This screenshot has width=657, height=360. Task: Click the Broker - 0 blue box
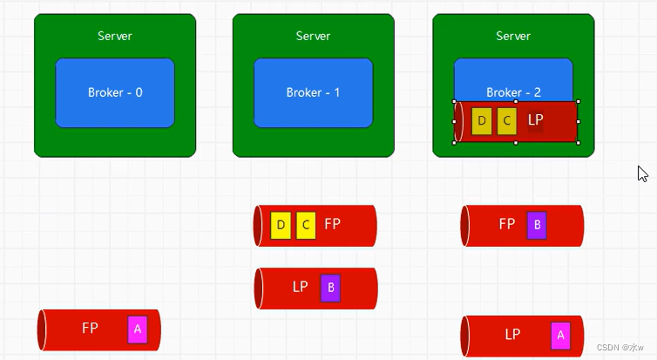tap(114, 93)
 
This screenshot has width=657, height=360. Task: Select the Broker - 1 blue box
tap(313, 93)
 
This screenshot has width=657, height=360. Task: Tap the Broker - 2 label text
tap(513, 92)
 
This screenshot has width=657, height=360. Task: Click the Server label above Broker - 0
tap(115, 36)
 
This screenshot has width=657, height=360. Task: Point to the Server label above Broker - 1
tap(313, 36)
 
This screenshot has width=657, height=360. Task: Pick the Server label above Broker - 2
tap(513, 36)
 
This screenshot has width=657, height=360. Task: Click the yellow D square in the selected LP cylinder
tap(481, 121)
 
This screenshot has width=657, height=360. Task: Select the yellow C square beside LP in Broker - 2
tap(507, 121)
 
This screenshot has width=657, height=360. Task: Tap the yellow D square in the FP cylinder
tap(281, 225)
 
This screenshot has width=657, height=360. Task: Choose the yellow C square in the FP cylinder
tap(305, 225)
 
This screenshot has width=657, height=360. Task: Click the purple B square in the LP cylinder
tap(330, 288)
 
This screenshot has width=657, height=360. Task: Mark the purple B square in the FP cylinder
tap(537, 225)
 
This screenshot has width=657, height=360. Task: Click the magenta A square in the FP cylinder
tap(138, 329)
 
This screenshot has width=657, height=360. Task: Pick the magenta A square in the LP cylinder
tap(560, 335)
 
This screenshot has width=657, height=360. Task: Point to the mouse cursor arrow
tap(642, 173)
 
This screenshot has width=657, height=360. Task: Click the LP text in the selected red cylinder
tap(536, 119)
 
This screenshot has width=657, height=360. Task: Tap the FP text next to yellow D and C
tap(332, 224)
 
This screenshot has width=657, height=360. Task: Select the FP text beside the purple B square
tap(507, 224)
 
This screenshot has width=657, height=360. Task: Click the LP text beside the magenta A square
tap(512, 334)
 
